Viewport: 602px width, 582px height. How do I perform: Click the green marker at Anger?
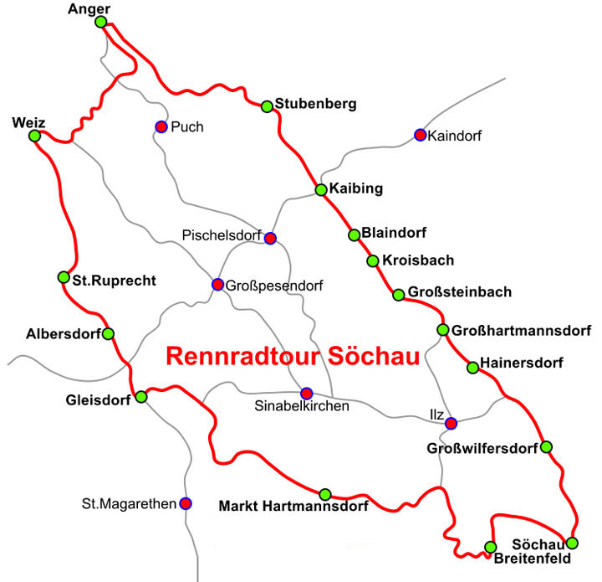[x=101, y=22]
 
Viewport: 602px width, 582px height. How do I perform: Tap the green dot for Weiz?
[x=34, y=136]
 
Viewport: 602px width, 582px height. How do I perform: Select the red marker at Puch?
[x=161, y=127]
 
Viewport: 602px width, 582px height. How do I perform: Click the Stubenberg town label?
[x=319, y=105]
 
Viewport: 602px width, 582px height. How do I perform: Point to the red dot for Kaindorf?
[x=421, y=135]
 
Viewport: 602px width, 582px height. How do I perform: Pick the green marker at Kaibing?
[x=321, y=190]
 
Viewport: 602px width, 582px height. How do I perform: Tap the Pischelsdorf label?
[x=222, y=236]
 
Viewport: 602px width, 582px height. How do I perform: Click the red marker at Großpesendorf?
[x=217, y=284]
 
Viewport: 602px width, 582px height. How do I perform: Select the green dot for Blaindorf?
[x=355, y=234]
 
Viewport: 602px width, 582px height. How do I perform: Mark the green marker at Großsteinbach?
[x=397, y=293]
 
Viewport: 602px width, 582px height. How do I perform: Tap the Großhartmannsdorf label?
[x=522, y=330]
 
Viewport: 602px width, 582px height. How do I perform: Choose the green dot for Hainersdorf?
[x=472, y=367]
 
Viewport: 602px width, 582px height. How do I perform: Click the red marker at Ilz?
[x=451, y=423]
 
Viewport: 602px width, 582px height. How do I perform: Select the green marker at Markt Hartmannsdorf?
[x=325, y=494]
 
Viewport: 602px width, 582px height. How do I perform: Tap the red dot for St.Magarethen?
[x=186, y=503]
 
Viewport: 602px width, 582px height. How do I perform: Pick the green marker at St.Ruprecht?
[x=64, y=277]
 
